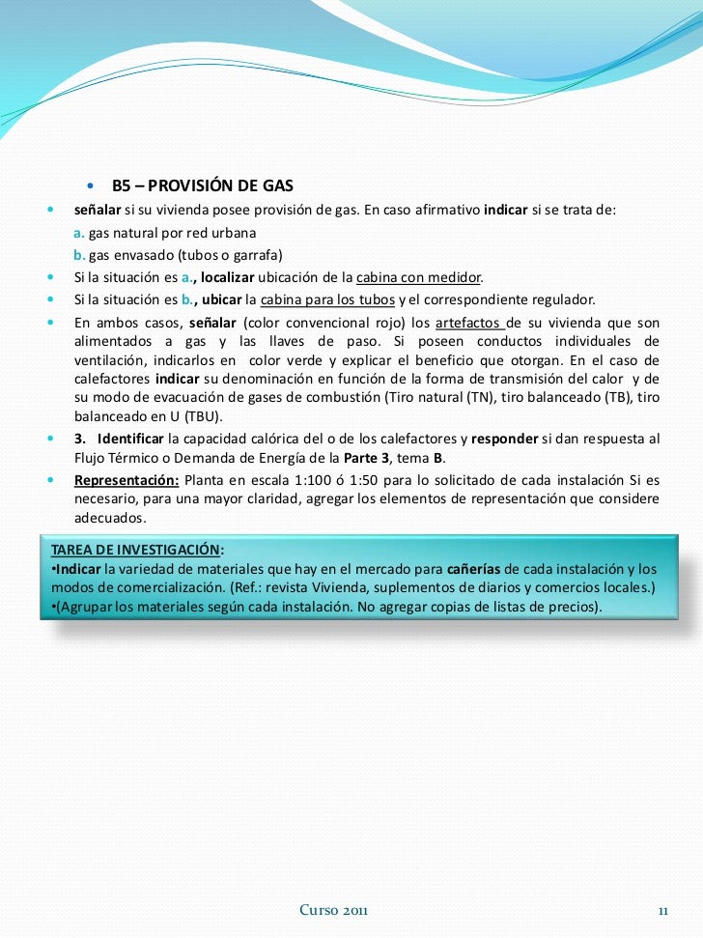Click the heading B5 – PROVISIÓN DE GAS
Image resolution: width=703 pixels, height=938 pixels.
coord(202,185)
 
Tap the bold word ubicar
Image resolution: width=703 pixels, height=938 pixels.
coord(221,298)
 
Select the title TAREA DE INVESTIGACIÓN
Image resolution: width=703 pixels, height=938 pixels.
coord(135,550)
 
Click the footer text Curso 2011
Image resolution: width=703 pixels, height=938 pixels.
coord(334,910)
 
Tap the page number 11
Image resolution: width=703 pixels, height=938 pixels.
coord(663,910)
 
